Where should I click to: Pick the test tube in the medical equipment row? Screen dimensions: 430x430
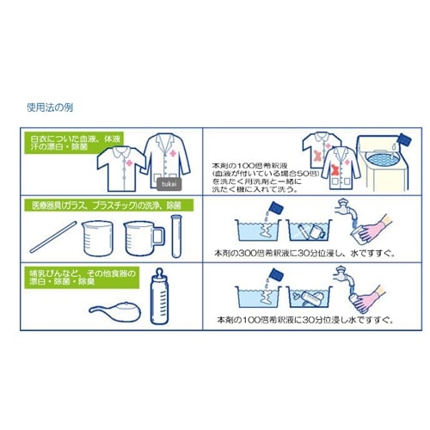(179, 231)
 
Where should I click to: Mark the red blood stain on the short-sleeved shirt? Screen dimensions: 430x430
(321, 156)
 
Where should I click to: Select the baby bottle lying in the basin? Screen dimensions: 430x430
(310, 297)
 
